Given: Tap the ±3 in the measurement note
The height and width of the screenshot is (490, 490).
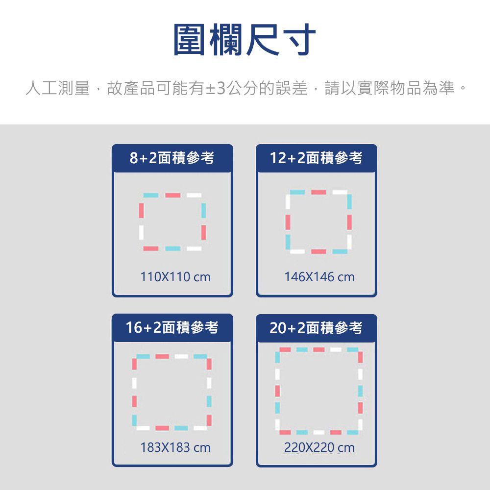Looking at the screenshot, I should click(216, 89).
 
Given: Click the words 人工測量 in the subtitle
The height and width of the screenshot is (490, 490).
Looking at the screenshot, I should click(58, 89).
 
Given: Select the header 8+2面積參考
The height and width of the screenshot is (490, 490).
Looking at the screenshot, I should click(172, 158).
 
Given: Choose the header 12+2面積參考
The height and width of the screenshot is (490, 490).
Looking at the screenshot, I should click(316, 158).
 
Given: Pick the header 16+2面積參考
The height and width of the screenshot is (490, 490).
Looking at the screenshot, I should click(172, 327).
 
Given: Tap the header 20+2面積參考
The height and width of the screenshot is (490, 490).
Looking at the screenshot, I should click(316, 328).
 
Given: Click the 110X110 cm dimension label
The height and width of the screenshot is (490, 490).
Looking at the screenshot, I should click(175, 277).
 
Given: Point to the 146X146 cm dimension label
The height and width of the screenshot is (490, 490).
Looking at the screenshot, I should click(319, 277).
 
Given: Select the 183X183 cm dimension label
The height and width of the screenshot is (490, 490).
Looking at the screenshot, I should click(175, 447).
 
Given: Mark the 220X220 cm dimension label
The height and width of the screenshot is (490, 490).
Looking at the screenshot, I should click(319, 447).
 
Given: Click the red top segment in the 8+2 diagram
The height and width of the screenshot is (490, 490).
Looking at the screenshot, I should click(172, 195).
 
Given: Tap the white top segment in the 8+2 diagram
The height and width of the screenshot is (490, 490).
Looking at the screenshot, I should click(194, 195).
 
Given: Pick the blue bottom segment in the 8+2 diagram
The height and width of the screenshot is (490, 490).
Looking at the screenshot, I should click(172, 249).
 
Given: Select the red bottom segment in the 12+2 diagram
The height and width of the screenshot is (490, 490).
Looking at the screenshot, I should click(318, 251).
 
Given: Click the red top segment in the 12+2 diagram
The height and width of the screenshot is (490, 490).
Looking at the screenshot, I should click(318, 192).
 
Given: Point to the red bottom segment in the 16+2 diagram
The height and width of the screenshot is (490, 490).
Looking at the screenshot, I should click(162, 428).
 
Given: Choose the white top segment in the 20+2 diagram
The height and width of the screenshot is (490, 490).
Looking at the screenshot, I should click(336, 349).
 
